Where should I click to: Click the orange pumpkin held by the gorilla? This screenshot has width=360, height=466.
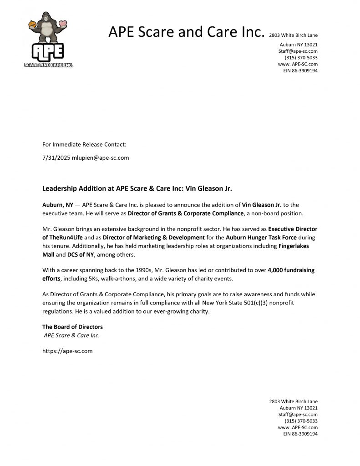(x=32, y=24)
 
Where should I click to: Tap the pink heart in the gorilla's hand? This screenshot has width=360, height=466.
(x=63, y=24)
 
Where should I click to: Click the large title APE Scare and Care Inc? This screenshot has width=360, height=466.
(x=186, y=32)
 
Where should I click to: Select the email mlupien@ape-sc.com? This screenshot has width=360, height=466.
(x=101, y=158)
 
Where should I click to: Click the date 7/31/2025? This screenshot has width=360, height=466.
(x=56, y=158)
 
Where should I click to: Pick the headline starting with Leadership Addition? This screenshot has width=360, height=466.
(x=137, y=188)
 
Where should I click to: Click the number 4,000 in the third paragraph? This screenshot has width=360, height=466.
(x=277, y=270)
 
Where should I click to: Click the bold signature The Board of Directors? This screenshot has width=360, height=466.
(x=72, y=327)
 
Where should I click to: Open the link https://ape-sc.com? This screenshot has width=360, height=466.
(x=67, y=351)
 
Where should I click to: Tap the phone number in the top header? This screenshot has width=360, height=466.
(x=301, y=58)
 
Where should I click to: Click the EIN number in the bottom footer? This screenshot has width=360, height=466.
(x=300, y=434)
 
